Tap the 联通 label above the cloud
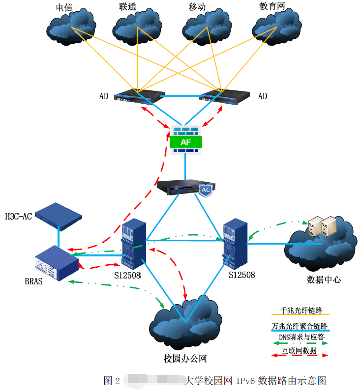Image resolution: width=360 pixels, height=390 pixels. pyautogui.click(x=127, y=7)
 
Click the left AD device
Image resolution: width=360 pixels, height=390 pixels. pyautogui.click(x=138, y=96)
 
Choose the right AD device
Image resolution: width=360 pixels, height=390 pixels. pyautogui.click(x=223, y=96)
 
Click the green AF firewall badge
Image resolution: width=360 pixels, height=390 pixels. pyautogui.click(x=185, y=142)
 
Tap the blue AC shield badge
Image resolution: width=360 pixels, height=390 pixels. pyautogui.click(x=206, y=190)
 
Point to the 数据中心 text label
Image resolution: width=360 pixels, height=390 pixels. pyautogui.click(x=324, y=280)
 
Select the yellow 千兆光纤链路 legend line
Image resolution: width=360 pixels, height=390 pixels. pyautogui.click(x=300, y=314)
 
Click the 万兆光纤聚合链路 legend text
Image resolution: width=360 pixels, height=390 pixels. pyautogui.click(x=300, y=326)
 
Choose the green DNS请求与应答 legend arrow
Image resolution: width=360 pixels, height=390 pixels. pyautogui.click(x=300, y=343)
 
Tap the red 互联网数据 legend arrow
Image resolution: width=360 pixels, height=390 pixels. pyautogui.click(x=300, y=355)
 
